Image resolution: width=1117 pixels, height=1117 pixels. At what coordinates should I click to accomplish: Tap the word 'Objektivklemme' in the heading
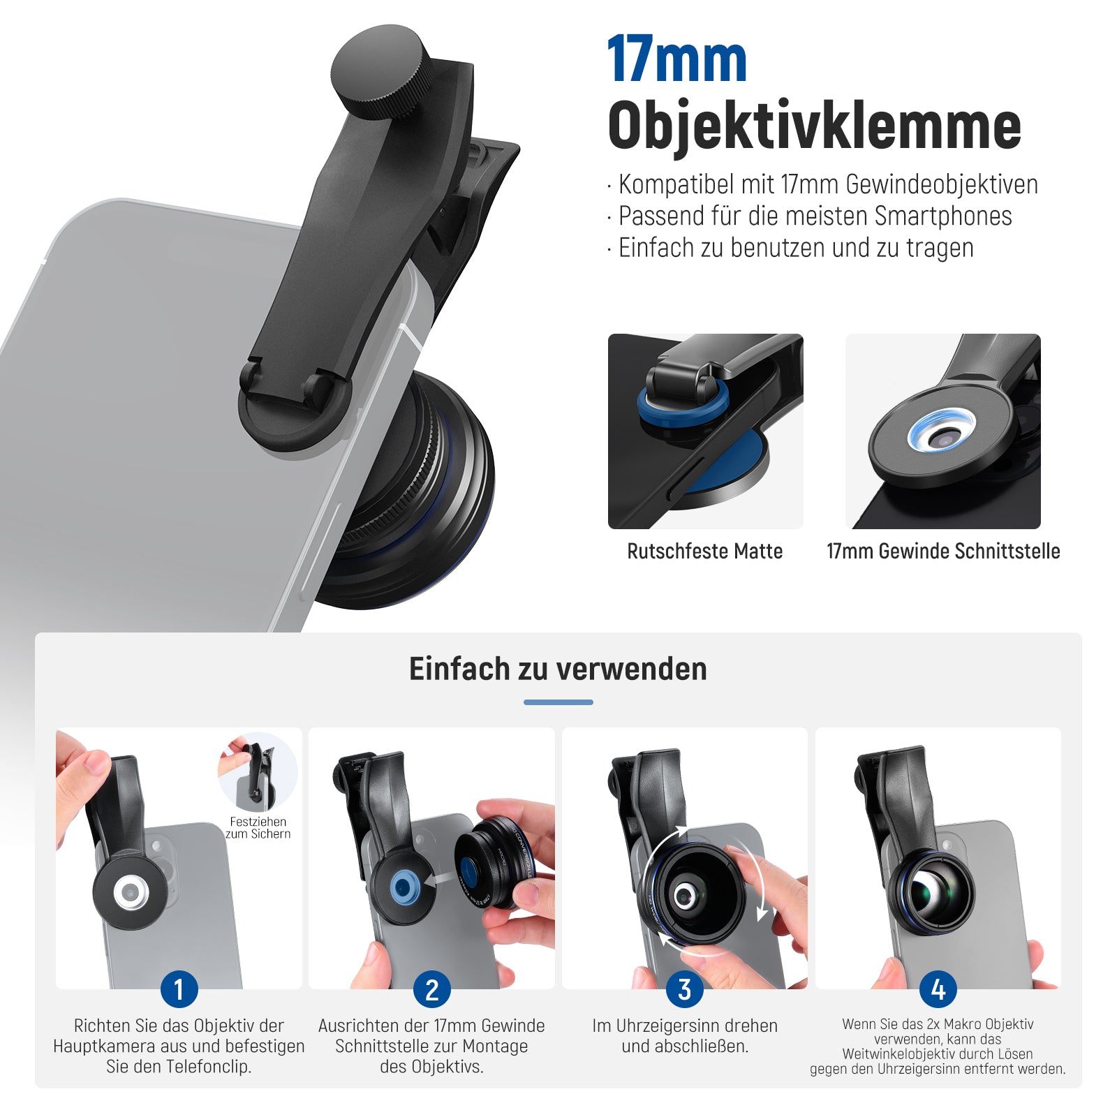point(815,126)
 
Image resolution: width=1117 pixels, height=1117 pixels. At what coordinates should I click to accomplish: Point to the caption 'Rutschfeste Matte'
point(705,552)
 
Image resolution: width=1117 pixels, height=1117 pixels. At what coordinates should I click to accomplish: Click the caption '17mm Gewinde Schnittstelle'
point(943,552)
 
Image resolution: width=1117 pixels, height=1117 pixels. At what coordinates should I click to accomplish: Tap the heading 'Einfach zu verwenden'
point(558,669)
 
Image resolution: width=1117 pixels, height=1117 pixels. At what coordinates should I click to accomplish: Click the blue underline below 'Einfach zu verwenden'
point(558,702)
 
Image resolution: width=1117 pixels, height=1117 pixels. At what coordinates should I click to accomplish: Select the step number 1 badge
point(179,989)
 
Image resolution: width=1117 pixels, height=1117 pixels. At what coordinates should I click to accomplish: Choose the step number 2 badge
point(431,989)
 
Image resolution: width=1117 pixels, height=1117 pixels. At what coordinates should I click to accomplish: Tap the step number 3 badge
point(684,989)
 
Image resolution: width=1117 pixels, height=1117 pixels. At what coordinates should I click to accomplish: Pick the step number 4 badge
point(938,989)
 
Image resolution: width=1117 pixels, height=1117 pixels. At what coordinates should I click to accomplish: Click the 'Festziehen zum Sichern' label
point(258,828)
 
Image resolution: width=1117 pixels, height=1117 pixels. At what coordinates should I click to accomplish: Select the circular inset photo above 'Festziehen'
point(258,771)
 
